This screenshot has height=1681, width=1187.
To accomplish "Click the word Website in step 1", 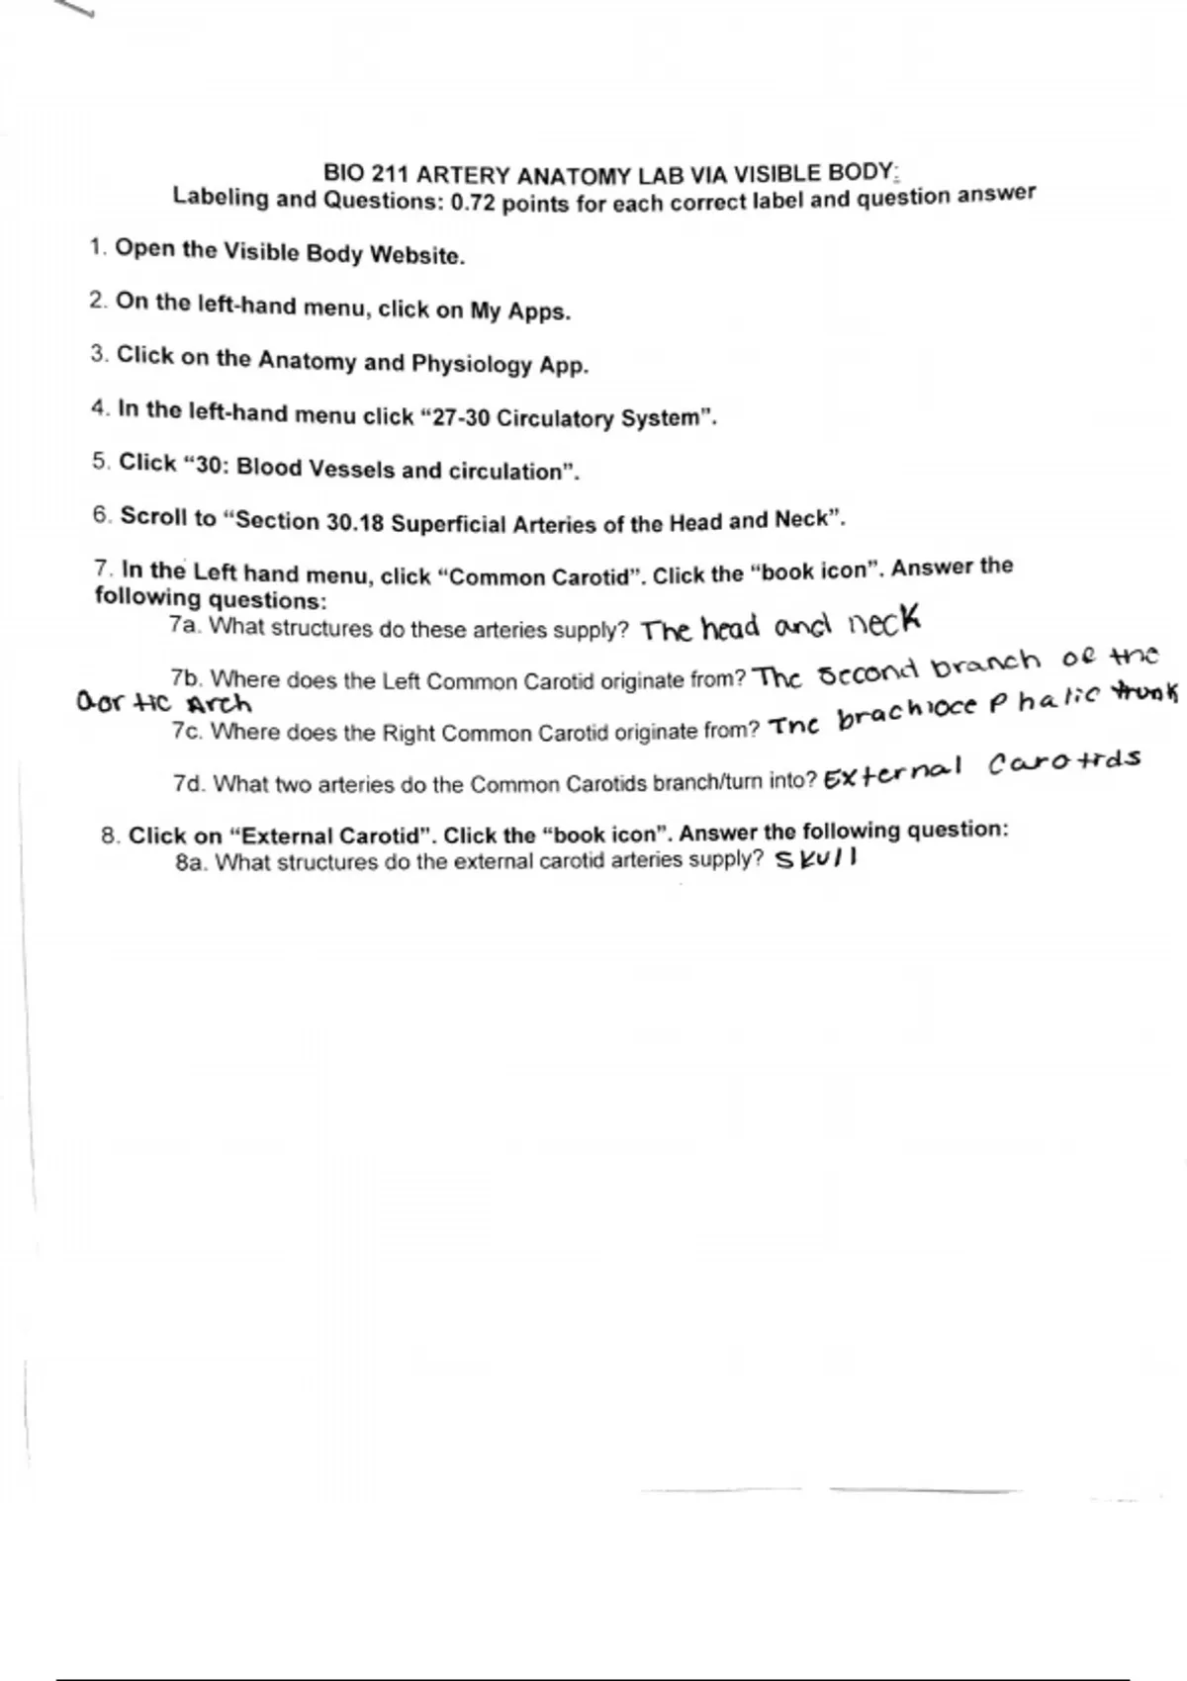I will tap(415, 255).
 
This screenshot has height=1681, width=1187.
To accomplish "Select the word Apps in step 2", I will tap(538, 312).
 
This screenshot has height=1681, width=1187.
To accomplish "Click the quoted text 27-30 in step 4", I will tap(460, 417).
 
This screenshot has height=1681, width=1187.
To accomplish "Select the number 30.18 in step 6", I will tap(355, 522).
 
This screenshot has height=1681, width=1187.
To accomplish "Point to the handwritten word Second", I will tap(868, 672).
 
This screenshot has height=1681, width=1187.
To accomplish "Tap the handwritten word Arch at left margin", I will tap(219, 705).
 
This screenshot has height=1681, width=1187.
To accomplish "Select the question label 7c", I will tap(187, 731).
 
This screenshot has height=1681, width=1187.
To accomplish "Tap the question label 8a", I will tap(191, 861).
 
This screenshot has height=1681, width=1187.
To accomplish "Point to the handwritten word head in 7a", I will tap(730, 627).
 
